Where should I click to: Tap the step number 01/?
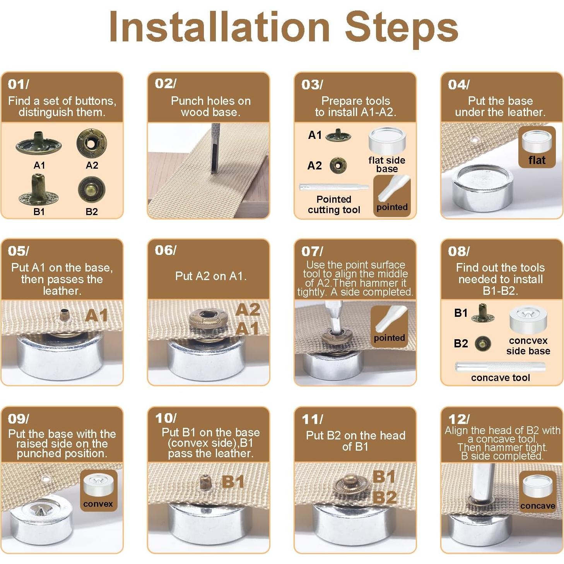tap(19, 84)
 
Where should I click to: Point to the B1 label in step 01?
tap(39, 211)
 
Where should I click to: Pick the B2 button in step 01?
tap(92, 189)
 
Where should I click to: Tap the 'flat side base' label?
tap(386, 164)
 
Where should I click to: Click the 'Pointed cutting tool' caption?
tap(334, 204)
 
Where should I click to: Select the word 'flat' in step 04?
tap(537, 160)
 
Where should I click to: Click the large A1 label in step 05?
tap(96, 316)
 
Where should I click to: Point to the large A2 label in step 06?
tap(248, 309)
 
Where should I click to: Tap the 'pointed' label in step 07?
tap(389, 338)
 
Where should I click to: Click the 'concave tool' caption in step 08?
tap(501, 378)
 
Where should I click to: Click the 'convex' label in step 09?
tap(98, 504)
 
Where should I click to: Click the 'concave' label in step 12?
tap(538, 506)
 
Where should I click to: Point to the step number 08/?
tap(459, 251)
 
